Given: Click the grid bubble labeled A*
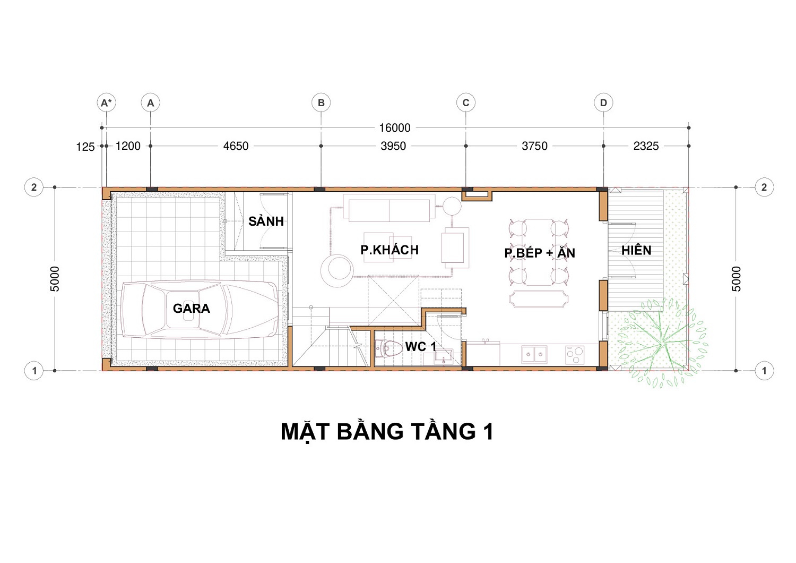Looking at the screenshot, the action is tap(106, 103).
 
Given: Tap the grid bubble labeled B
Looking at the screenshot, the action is tap(321, 103).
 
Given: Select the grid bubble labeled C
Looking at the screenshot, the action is tap(465, 103).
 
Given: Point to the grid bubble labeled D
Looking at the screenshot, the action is tap(603, 103).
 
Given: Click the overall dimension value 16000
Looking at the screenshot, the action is tap(395, 127).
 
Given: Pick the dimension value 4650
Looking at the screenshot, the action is tap(236, 146).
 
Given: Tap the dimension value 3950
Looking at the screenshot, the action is tap(393, 146).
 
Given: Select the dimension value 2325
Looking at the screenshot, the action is tap(646, 146).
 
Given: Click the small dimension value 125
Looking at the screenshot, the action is tap(85, 147).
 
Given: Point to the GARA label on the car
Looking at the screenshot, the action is tap(192, 309).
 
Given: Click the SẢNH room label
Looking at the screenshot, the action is tap(266, 221).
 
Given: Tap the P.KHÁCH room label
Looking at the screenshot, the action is tap(390, 250).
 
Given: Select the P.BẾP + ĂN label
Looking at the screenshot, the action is tap(540, 253).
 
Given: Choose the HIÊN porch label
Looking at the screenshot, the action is tap(636, 250).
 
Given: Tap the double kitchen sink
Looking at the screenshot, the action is tap(534, 354).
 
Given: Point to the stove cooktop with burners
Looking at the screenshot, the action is tap(575, 355).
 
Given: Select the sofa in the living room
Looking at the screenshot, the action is tap(389, 208).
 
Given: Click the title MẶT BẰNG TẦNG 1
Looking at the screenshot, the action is tap(387, 432).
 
